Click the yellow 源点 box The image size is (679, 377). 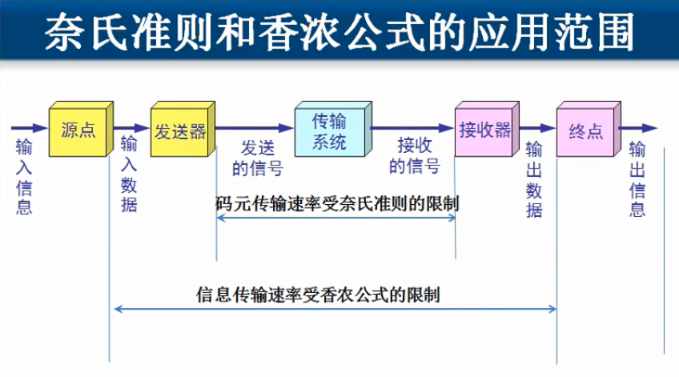tap(78, 130)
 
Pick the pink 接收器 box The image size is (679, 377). tap(484, 130)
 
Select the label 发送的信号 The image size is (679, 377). tap(257, 158)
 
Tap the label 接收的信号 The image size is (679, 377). tap(414, 155)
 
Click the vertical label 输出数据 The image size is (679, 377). tap(534, 180)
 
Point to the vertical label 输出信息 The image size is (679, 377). tap(637, 179)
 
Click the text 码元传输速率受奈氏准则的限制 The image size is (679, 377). tap(336, 203)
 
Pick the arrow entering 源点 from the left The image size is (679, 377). tap(29, 127)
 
